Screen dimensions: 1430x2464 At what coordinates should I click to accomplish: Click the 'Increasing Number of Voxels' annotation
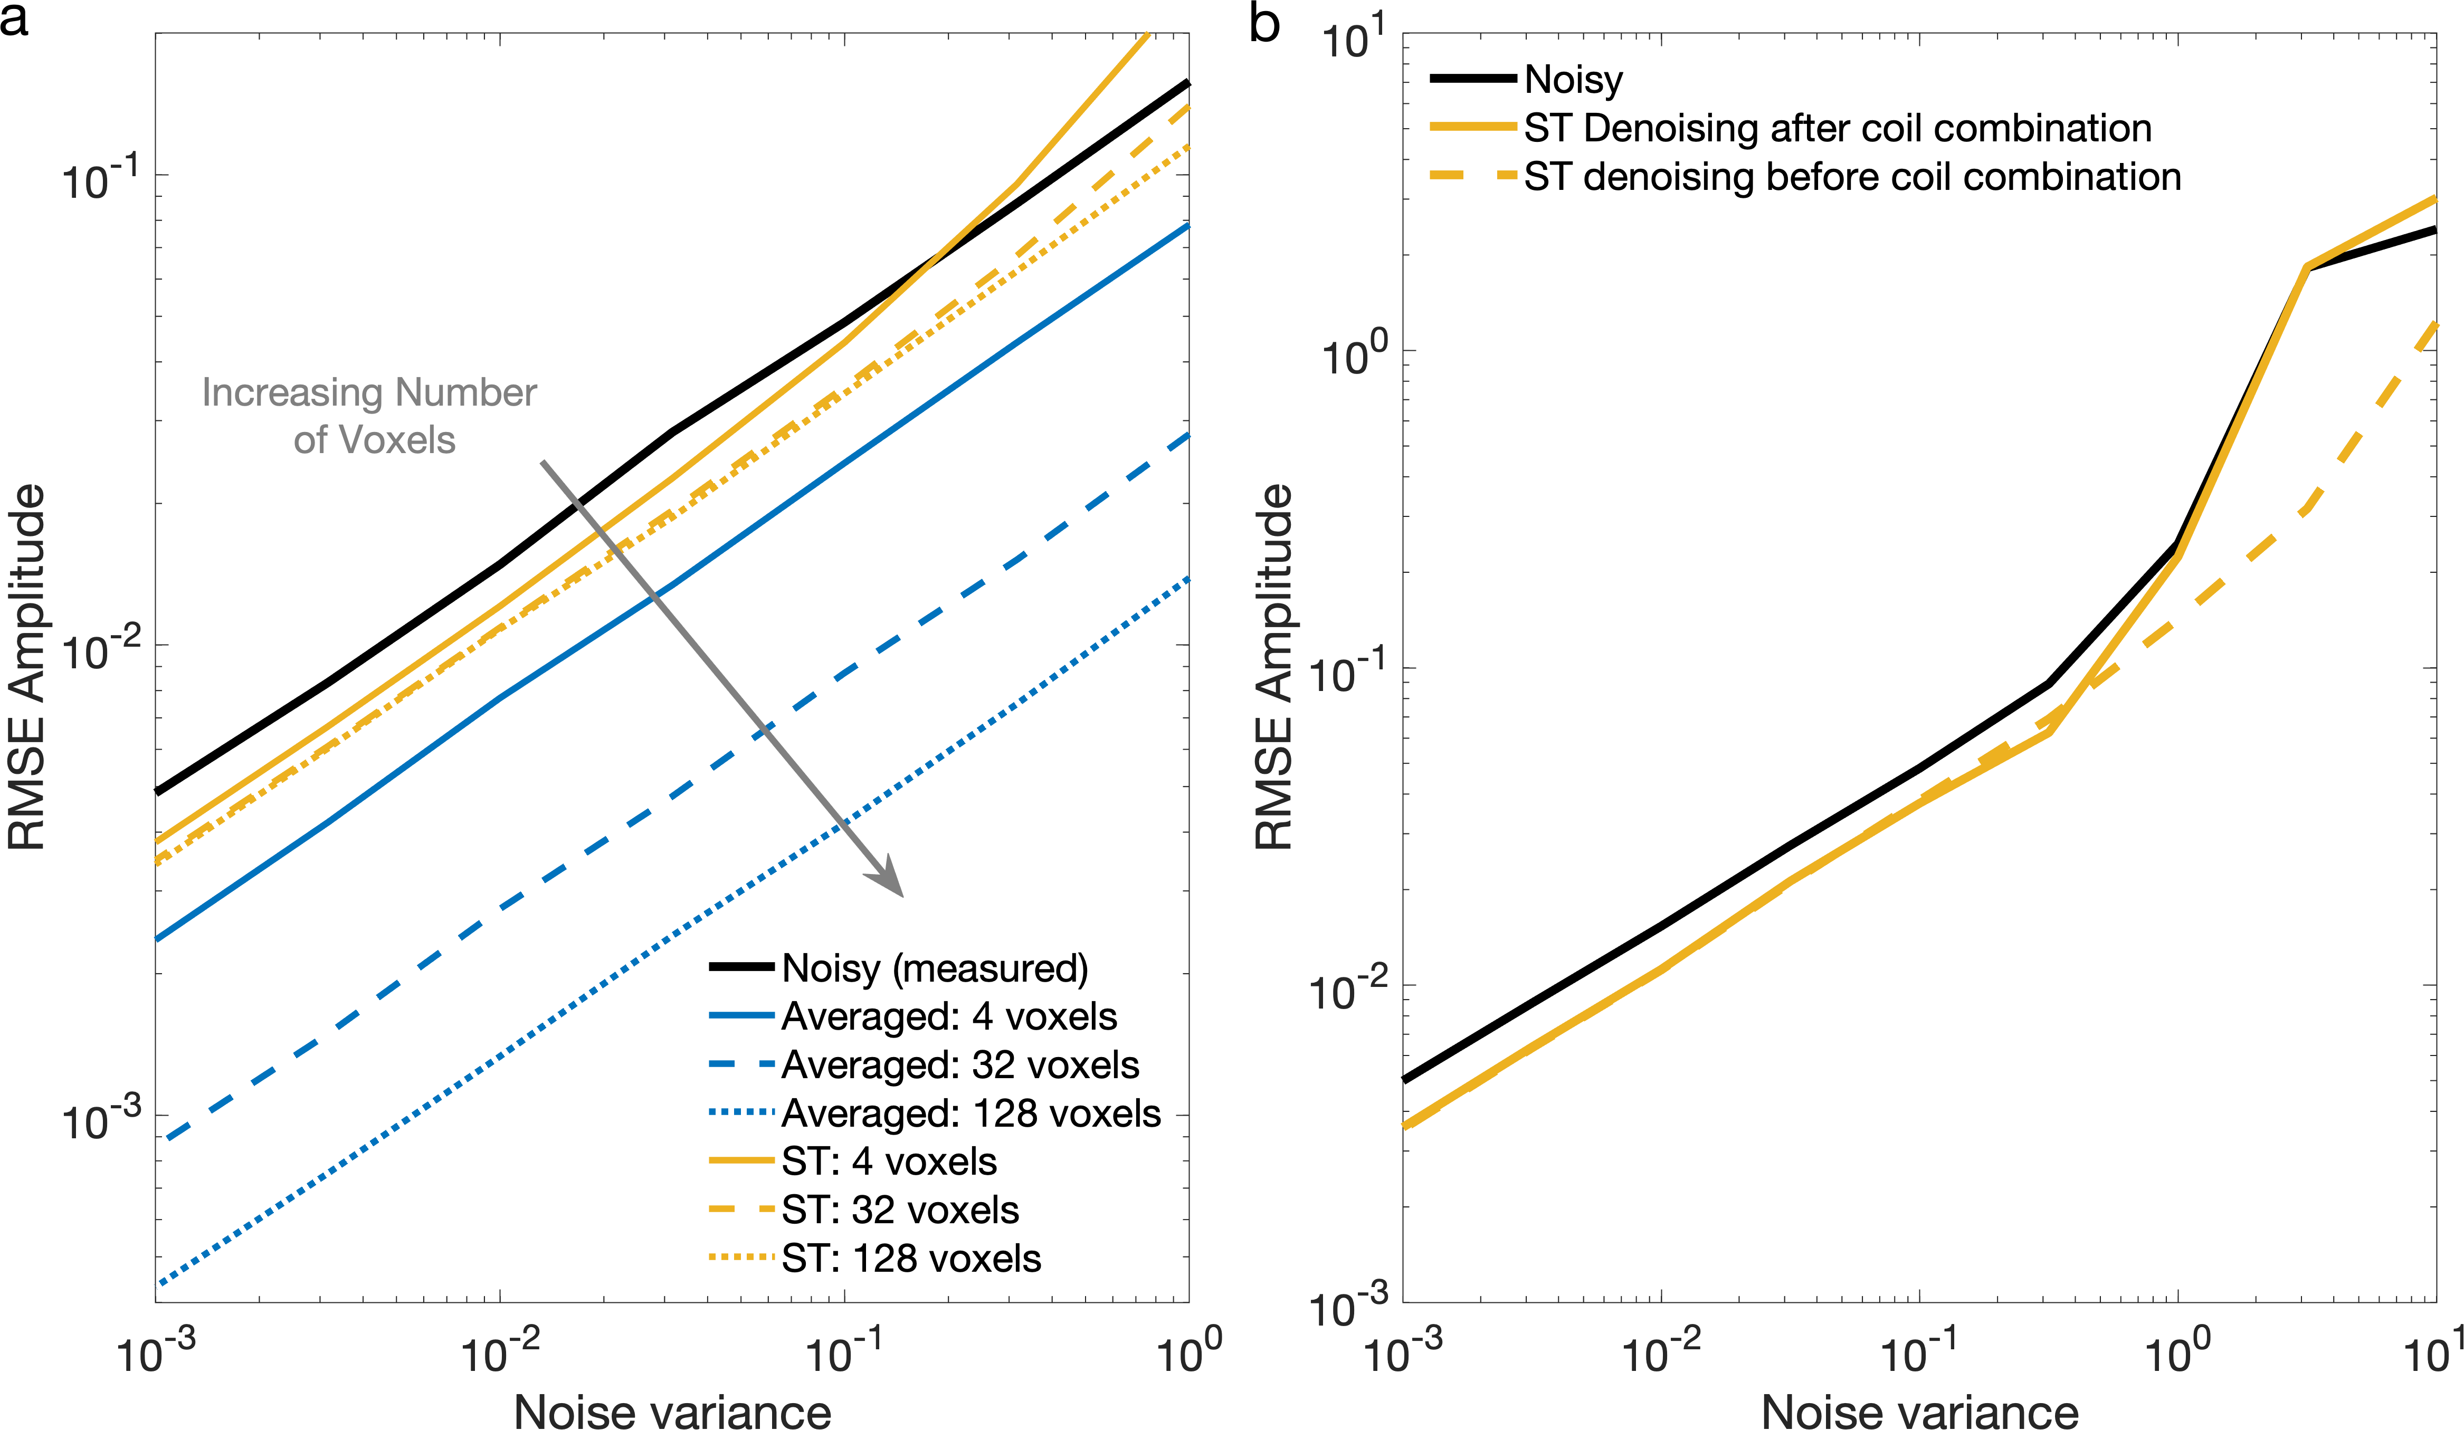(369, 416)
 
